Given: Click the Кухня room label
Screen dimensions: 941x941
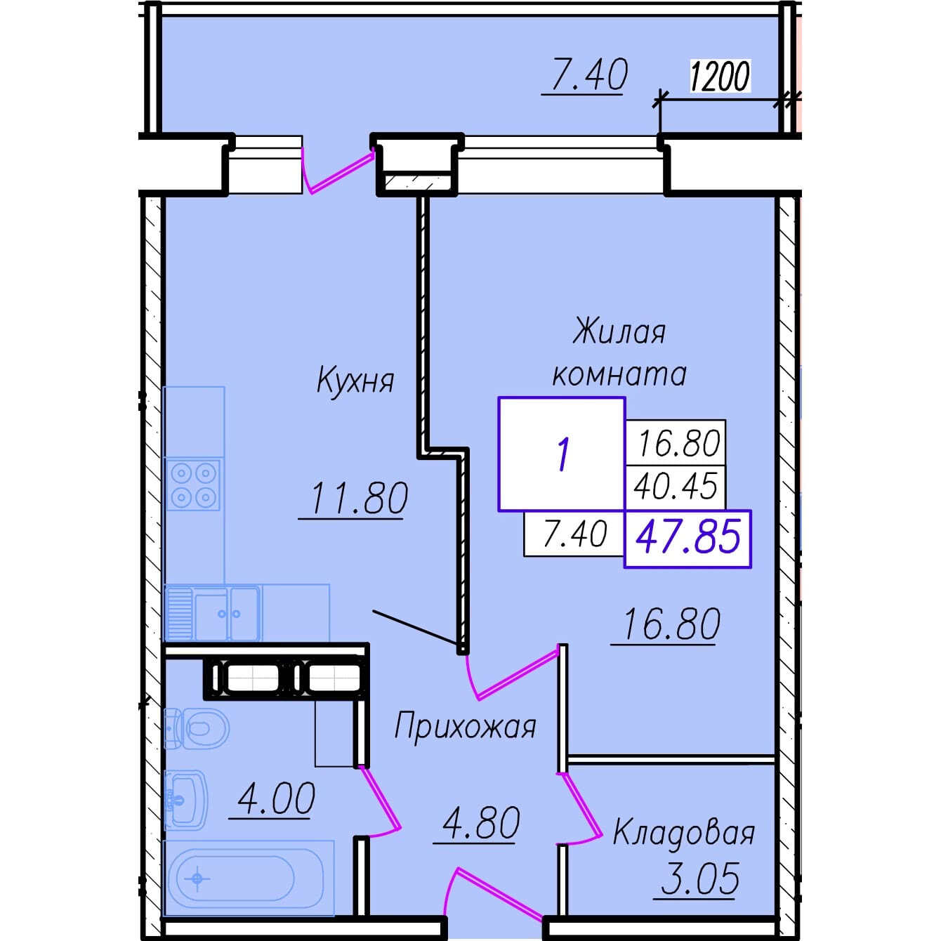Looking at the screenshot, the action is pos(355,381).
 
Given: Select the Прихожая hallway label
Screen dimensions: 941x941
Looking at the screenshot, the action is pos(465,727).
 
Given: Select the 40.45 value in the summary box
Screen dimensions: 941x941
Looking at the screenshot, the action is pos(676,487).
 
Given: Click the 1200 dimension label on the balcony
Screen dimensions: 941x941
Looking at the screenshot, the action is pos(720,77).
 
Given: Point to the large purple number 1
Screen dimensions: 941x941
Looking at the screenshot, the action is pos(563,454).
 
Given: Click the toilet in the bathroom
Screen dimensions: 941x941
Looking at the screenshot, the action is pos(196,728).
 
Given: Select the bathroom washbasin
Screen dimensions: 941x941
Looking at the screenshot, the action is pos(186,800).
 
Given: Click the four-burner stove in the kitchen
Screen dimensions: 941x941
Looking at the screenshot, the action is pos(193,485).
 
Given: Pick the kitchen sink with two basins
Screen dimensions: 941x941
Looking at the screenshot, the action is pos(212,613).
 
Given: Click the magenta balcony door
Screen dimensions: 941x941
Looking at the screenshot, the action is pos(337,170).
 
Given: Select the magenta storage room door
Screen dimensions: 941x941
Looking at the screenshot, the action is pos(580,808).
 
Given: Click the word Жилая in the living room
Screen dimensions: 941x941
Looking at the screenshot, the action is pos(619,333).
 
